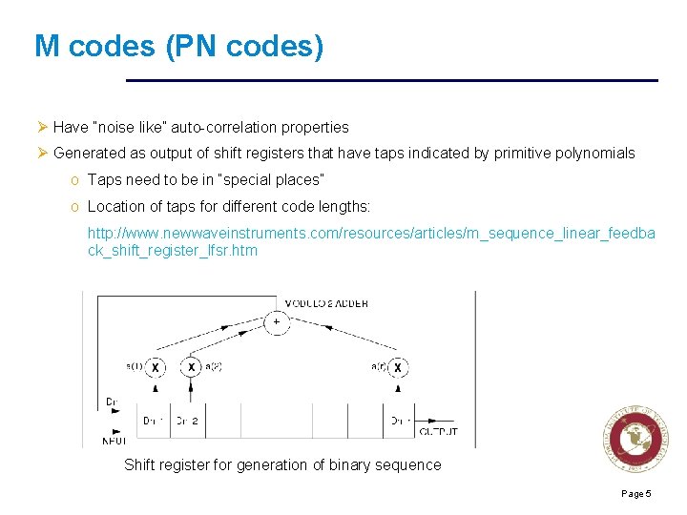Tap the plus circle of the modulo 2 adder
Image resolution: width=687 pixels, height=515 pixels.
click(x=277, y=322)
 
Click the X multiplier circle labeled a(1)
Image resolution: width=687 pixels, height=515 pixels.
click(x=156, y=367)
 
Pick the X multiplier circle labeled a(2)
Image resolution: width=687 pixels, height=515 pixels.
click(x=192, y=367)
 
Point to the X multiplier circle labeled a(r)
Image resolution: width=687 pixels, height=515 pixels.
click(x=397, y=367)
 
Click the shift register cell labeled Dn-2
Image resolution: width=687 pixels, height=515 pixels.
click(x=185, y=420)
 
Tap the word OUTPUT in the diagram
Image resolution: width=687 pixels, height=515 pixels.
click(x=439, y=432)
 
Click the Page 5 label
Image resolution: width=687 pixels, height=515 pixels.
click(x=635, y=493)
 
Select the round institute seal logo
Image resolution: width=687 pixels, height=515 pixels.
click(x=632, y=439)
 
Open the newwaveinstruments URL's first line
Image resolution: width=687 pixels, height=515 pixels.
click(x=371, y=233)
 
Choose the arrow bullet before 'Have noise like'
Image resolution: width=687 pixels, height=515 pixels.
click(x=42, y=127)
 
